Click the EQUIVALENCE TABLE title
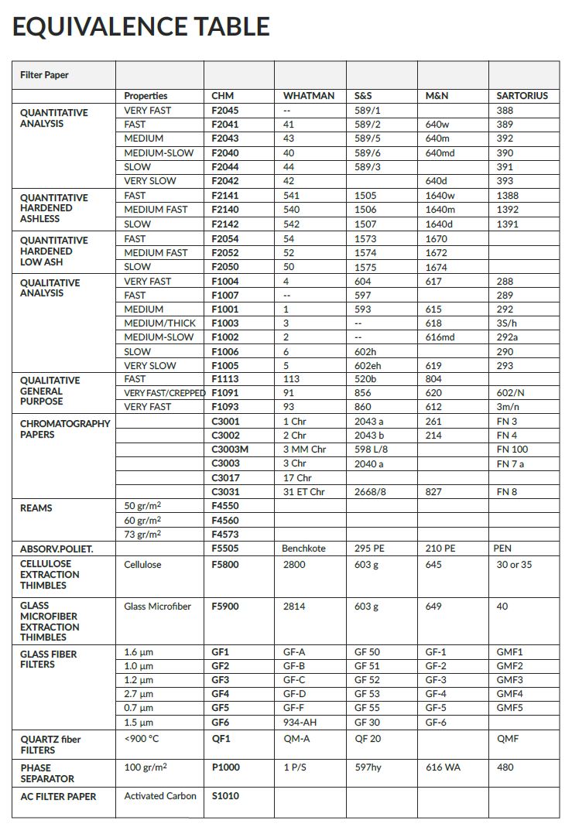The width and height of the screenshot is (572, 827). click(x=141, y=26)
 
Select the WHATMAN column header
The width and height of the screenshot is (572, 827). click(x=308, y=96)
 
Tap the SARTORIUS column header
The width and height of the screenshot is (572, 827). click(x=522, y=96)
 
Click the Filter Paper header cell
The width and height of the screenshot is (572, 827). click(x=44, y=75)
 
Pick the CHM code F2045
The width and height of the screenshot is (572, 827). click(x=224, y=111)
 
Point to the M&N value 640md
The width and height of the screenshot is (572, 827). click(x=440, y=153)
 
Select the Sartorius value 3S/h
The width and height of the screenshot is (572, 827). click(x=508, y=323)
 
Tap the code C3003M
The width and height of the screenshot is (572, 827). click(x=230, y=449)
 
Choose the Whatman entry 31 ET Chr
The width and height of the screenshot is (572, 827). click(x=303, y=492)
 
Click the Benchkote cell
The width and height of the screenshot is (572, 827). click(x=304, y=548)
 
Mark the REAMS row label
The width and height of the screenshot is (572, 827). click(x=36, y=507)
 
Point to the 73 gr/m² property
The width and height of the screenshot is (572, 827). click(x=142, y=535)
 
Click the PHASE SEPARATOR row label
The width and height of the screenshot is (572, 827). click(x=47, y=773)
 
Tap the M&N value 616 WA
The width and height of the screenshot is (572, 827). click(x=444, y=767)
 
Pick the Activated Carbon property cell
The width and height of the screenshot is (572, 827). click(x=160, y=796)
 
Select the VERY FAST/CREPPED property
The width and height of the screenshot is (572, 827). click(x=164, y=393)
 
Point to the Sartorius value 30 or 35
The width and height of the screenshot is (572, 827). click(x=514, y=565)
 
